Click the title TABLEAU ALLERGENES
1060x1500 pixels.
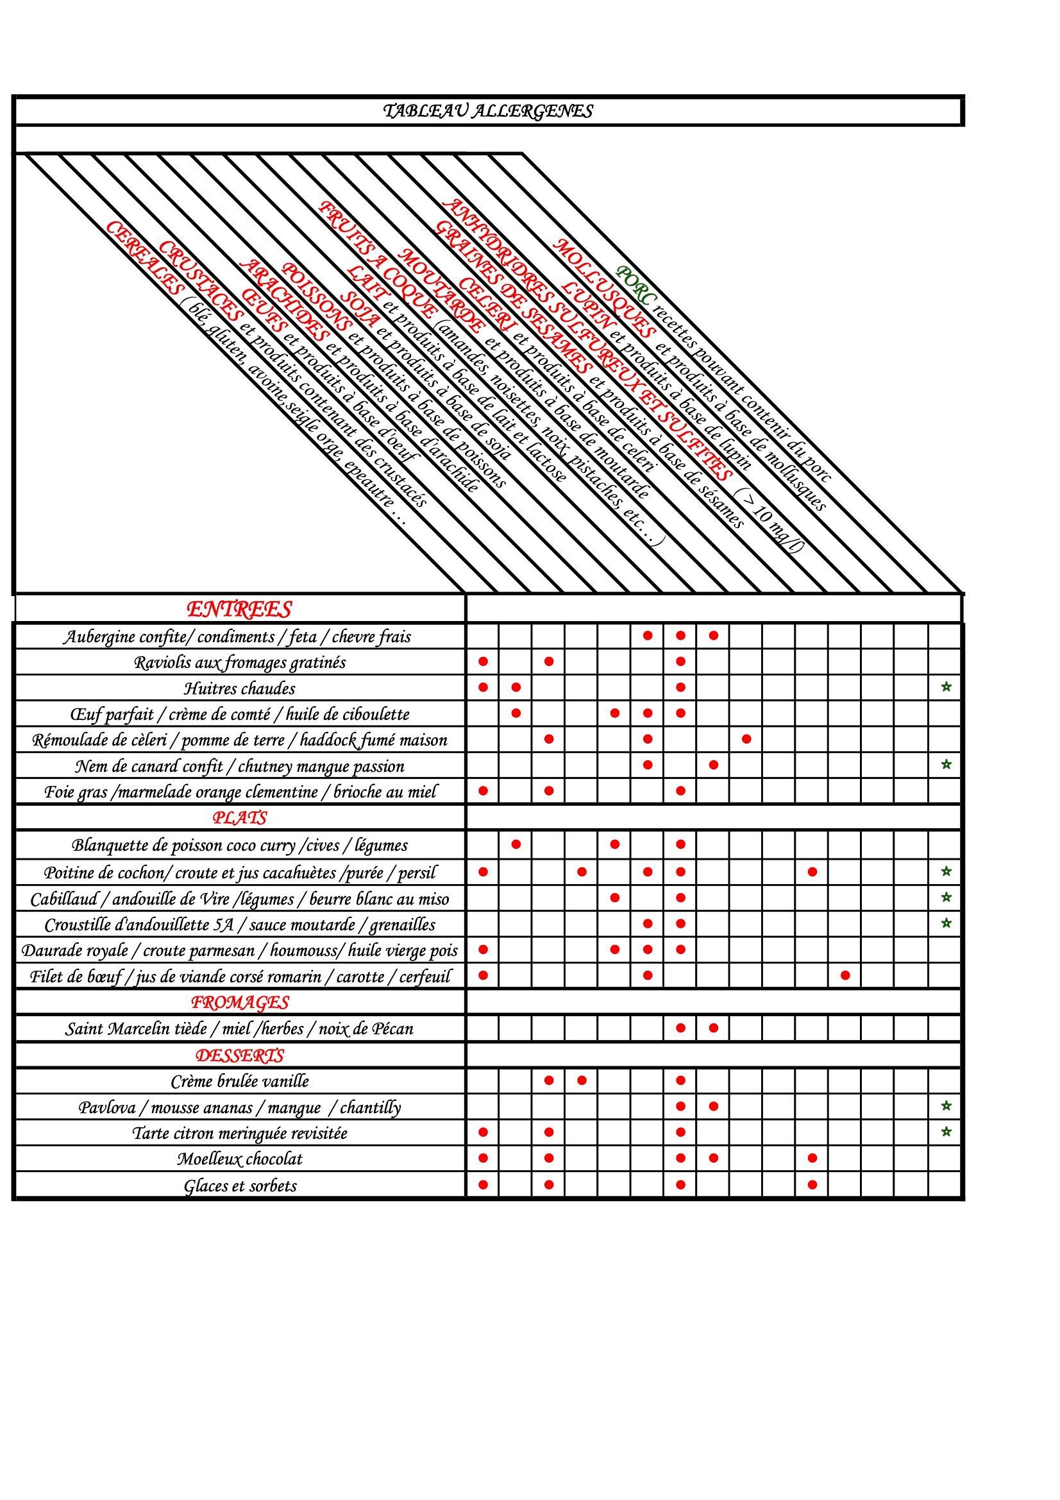click(x=487, y=111)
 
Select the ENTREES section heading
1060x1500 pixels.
click(x=239, y=609)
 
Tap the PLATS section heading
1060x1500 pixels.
click(x=240, y=817)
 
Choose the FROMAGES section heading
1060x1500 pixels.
click(x=240, y=1001)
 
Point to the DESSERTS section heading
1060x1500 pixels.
click(x=240, y=1055)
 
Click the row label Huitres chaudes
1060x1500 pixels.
click(x=240, y=688)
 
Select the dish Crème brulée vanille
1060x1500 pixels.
click(x=240, y=1081)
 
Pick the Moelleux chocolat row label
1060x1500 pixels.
click(x=240, y=1159)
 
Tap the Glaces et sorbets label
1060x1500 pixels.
click(x=240, y=1185)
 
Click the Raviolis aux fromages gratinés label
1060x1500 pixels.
click(x=240, y=662)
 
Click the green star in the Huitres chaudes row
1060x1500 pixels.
click(x=946, y=686)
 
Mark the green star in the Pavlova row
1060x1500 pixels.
click(x=946, y=1106)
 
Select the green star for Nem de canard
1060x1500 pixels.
click(x=946, y=764)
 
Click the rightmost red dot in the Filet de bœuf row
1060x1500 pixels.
click(x=845, y=975)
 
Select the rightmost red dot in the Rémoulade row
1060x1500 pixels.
click(x=746, y=739)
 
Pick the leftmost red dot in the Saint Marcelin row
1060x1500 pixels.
click(x=680, y=1028)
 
